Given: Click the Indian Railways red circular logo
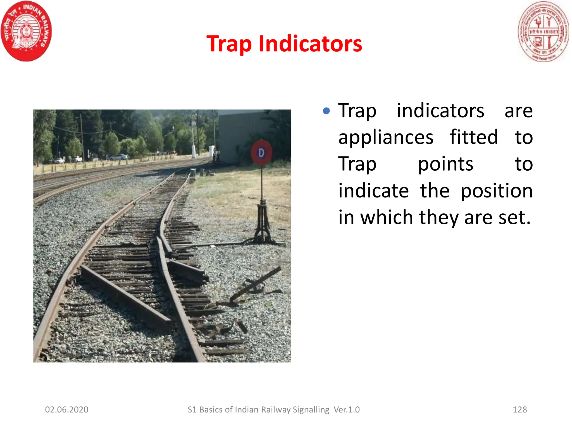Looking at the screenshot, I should point(26,31).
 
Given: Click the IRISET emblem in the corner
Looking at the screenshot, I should point(543,32).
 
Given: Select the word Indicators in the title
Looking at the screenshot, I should point(310,44).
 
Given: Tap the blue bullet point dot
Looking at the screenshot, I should point(326,111).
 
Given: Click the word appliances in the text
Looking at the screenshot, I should point(386,137).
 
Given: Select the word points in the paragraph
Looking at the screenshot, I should point(445,164).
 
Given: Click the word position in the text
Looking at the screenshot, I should point(496,191).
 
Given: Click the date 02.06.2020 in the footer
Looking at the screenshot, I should point(66,409).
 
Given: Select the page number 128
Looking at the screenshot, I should point(519,409).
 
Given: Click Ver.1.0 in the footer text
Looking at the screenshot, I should point(347,409).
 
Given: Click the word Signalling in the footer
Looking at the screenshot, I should point(311,409).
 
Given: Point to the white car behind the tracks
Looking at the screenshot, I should point(118,157).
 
